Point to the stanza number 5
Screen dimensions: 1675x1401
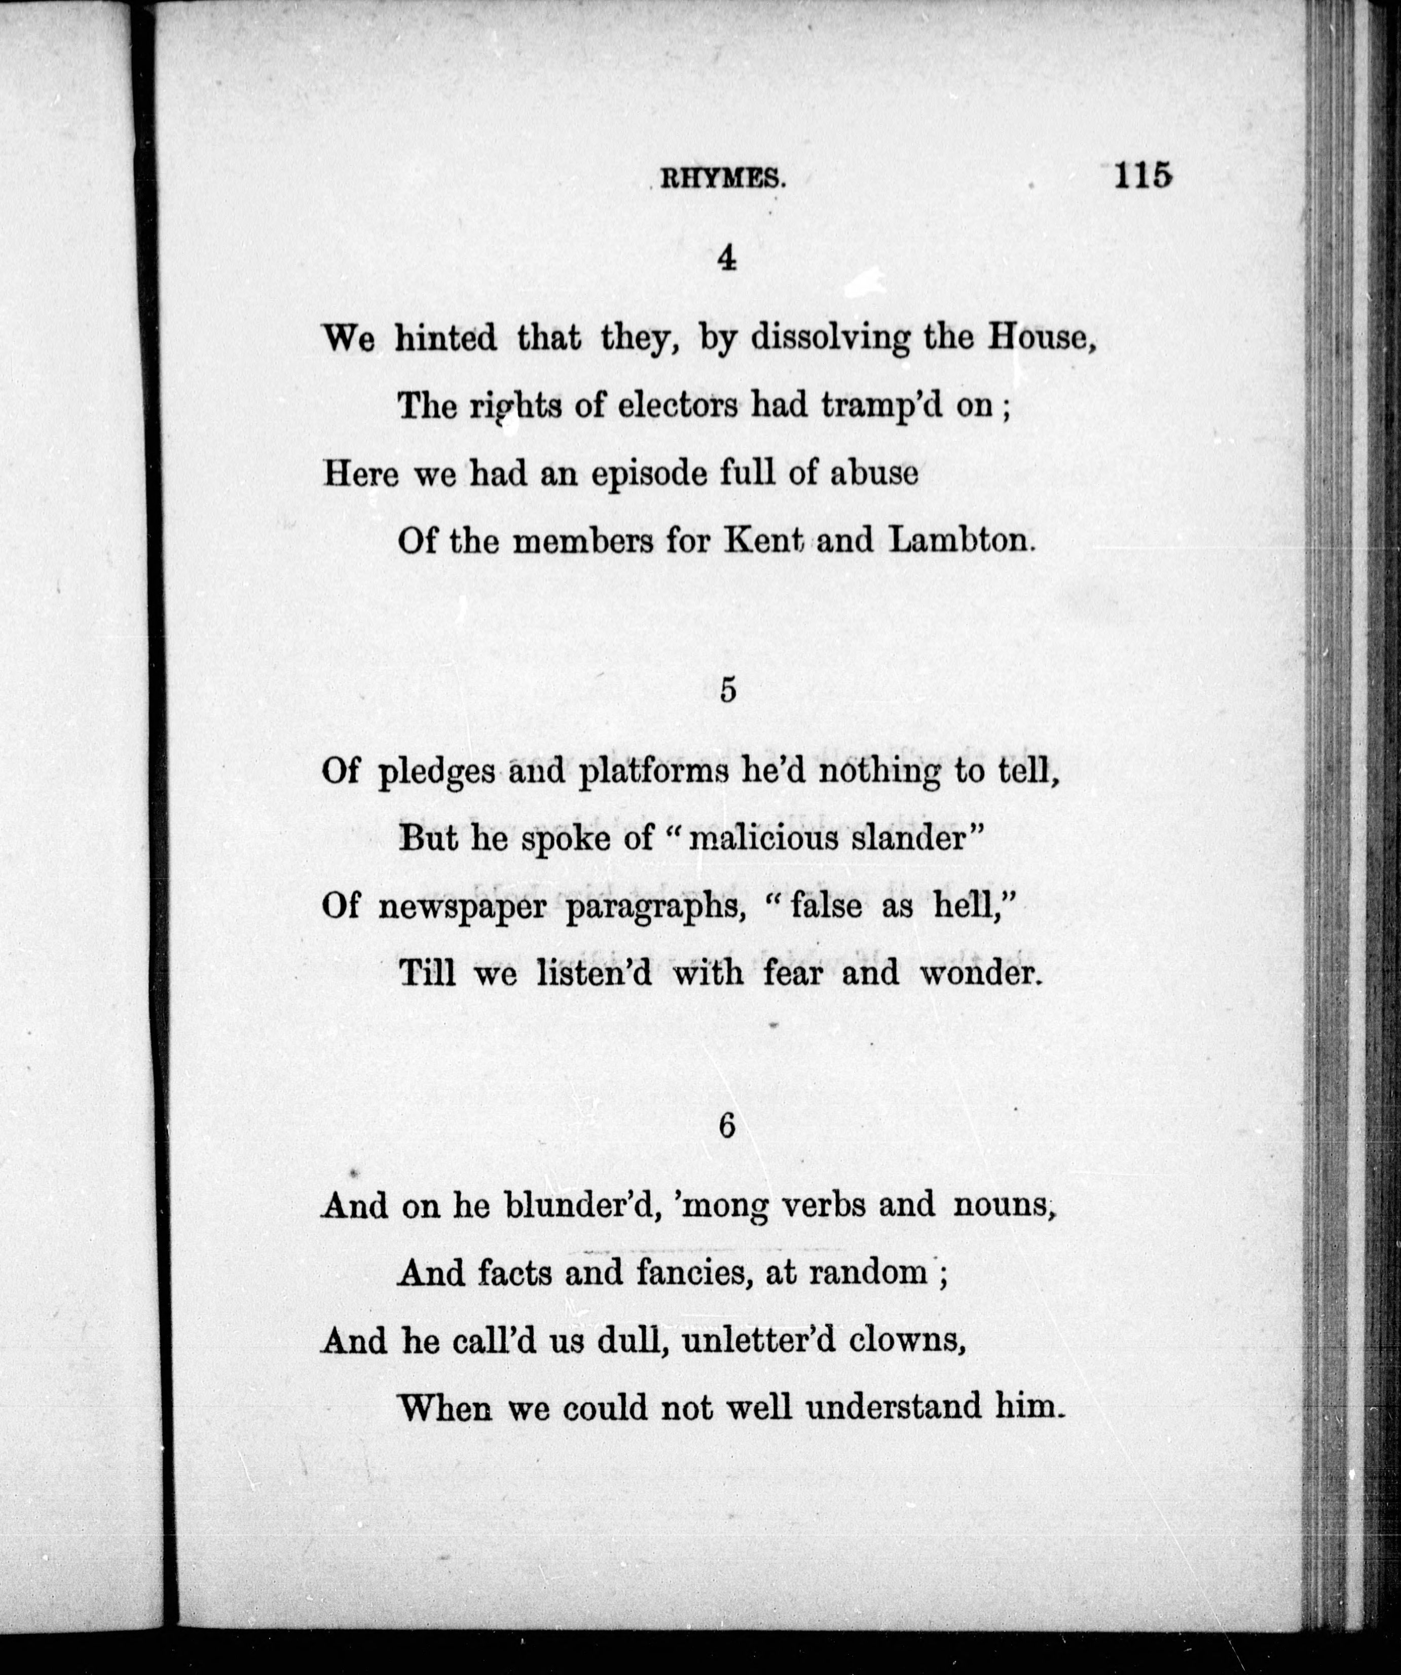pos(727,691)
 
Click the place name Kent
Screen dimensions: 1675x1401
pos(763,541)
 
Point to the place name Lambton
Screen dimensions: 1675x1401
pos(957,541)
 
